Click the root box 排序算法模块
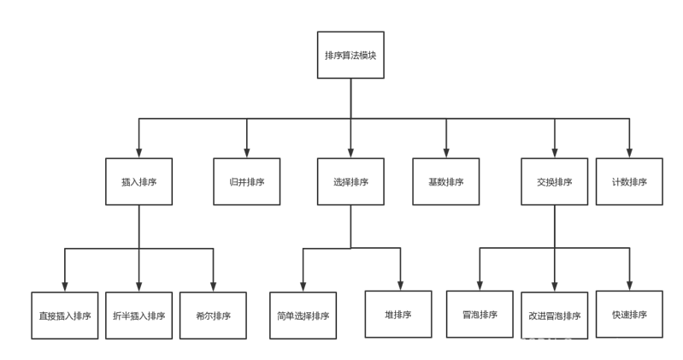350,56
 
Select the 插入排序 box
138,181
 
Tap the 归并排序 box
247,181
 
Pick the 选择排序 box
350,181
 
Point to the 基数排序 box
445,181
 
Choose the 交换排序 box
554,181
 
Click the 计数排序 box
629,181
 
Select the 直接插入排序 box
65,316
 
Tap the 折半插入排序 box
138,316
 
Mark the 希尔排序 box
213,316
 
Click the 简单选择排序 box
303,316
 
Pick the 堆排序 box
398,314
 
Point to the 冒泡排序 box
480,314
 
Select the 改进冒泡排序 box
554,316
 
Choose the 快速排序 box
629,314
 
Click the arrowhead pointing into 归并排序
247,152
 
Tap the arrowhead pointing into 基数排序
445,152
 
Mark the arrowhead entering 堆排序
398,286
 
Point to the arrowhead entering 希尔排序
213,286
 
